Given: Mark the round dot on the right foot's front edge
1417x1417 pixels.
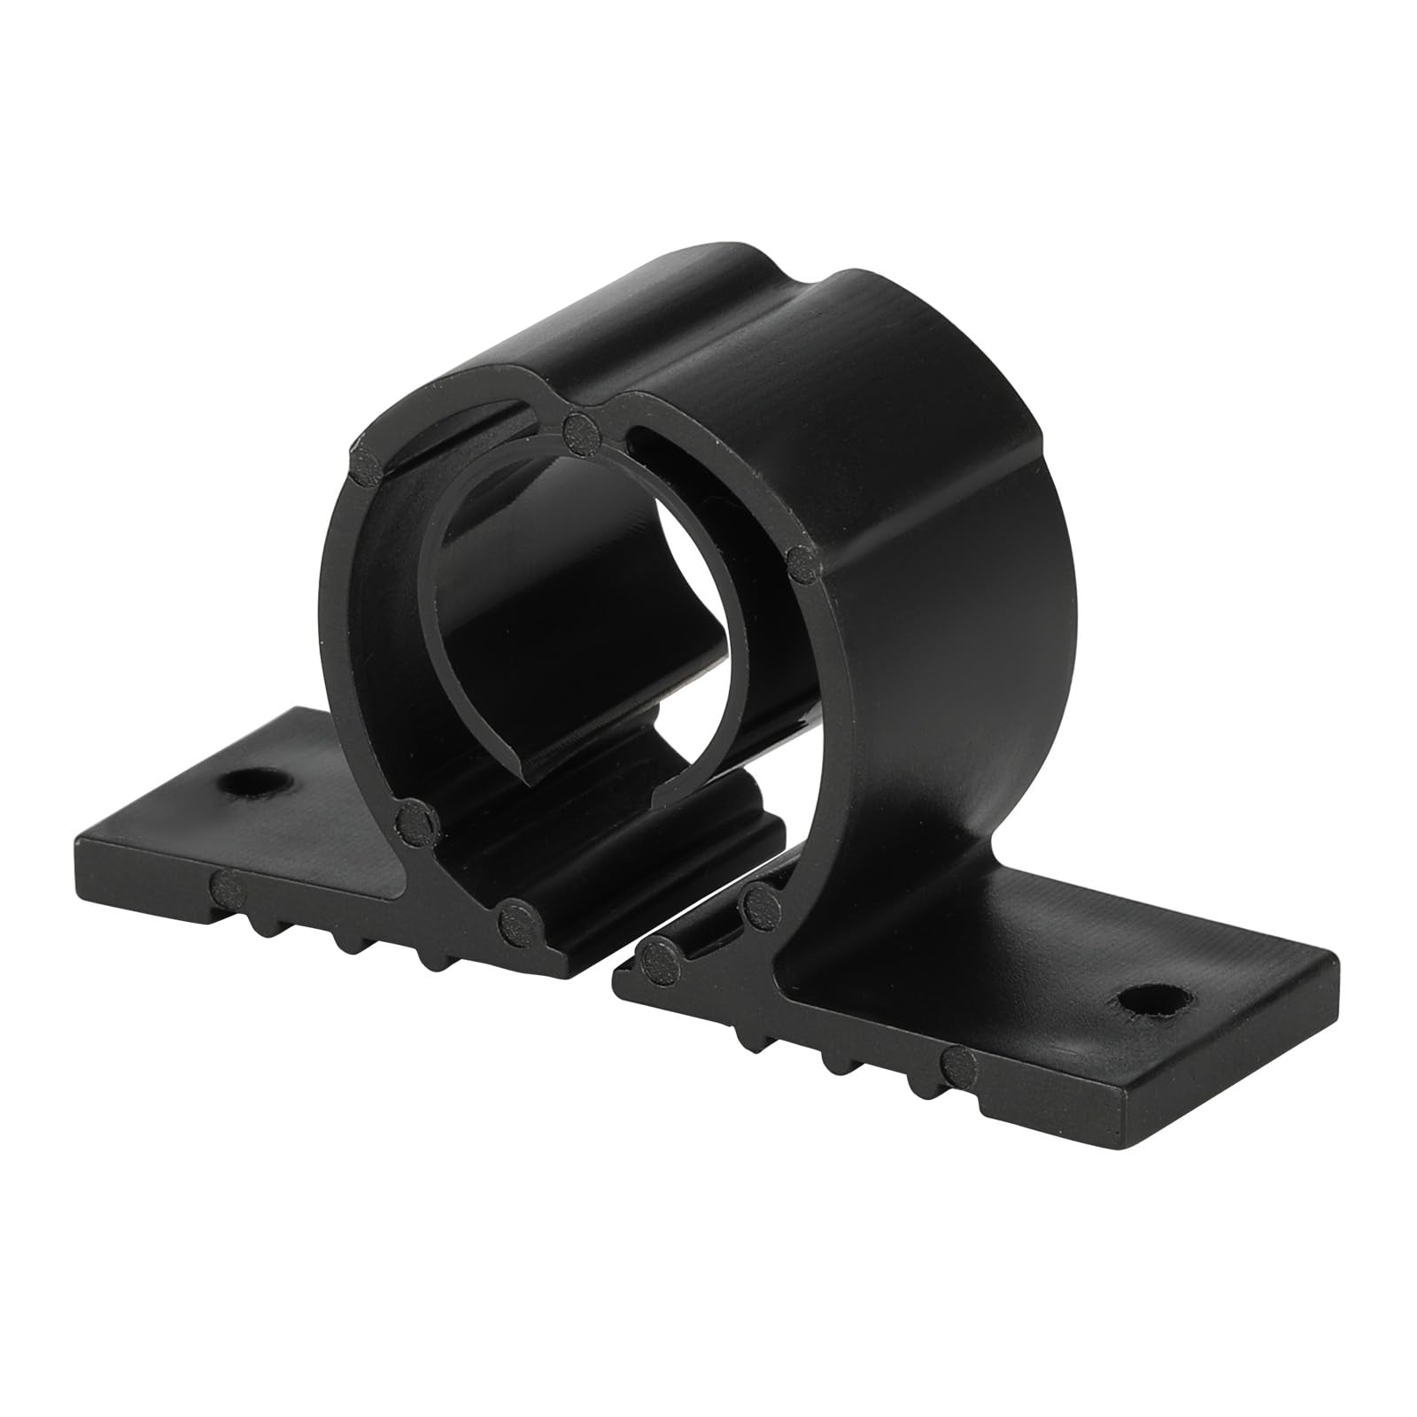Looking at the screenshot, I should point(958,1062).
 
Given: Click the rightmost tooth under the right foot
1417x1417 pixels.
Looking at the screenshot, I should point(917,1091).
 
